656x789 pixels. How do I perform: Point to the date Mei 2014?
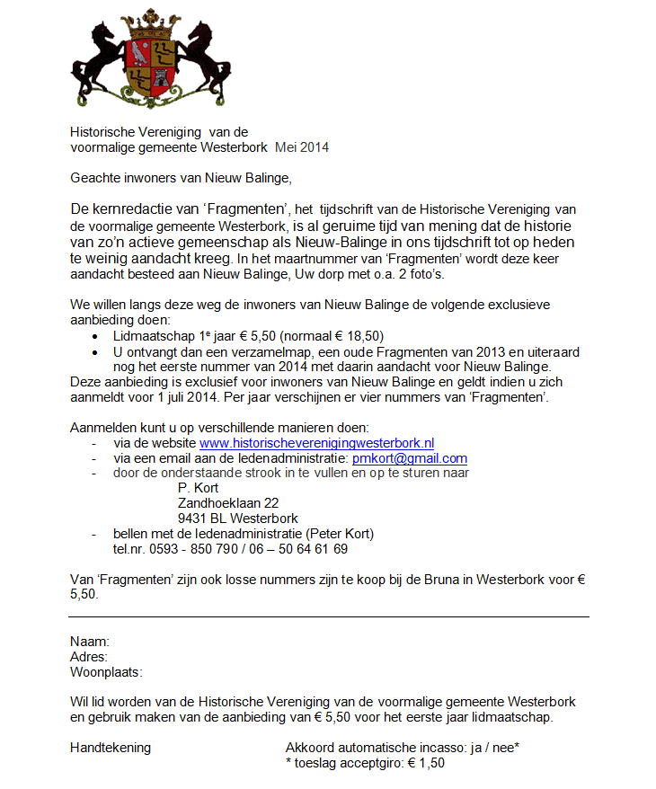click(x=302, y=147)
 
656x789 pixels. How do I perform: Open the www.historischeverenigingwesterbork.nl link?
click(x=317, y=442)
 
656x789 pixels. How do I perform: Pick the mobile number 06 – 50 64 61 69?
click(x=303, y=549)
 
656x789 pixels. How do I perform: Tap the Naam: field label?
click(x=90, y=643)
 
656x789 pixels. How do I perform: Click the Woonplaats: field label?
click(x=106, y=672)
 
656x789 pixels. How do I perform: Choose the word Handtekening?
click(x=111, y=748)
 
